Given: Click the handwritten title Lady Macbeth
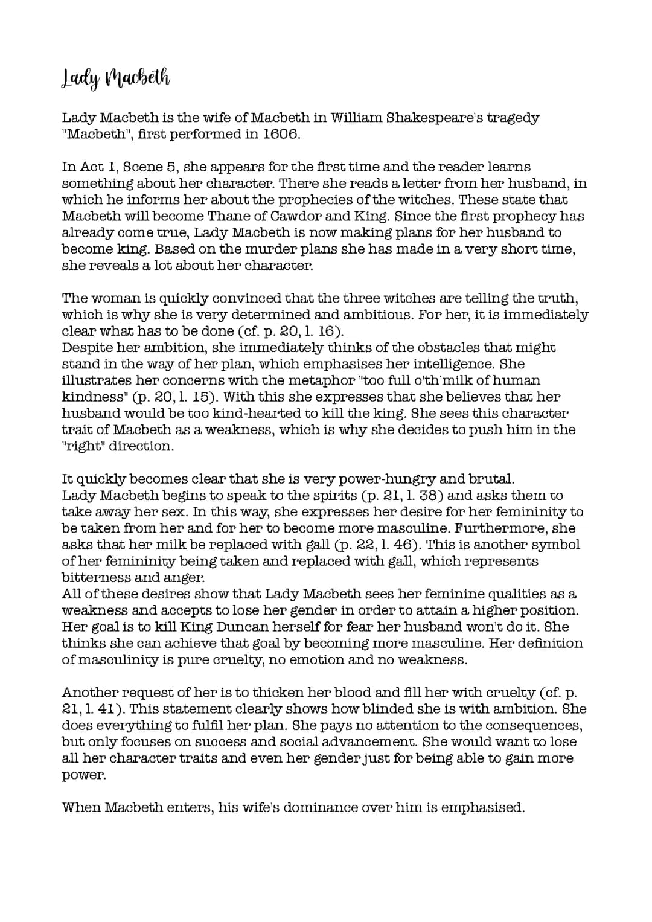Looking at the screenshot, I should tap(116, 78).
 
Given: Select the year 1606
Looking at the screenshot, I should tap(281, 134).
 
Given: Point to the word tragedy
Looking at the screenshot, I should tap(513, 118).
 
